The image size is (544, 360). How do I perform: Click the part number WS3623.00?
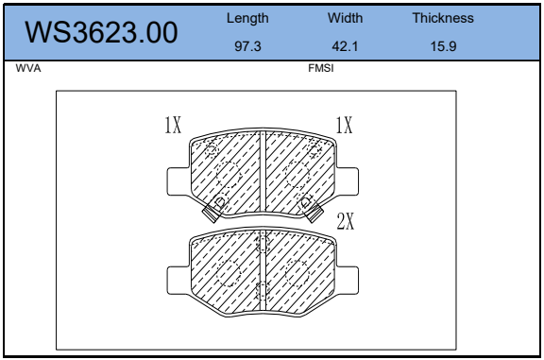101,33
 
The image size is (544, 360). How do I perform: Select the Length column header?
247,18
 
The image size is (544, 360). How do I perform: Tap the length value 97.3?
247,46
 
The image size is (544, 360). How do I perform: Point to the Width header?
346,18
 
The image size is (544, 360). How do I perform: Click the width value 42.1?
345,46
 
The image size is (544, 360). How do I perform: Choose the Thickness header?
443,18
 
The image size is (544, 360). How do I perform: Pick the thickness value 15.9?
443,46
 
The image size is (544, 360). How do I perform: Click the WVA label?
28,68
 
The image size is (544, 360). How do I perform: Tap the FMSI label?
321,68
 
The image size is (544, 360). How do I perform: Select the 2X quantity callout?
346,221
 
